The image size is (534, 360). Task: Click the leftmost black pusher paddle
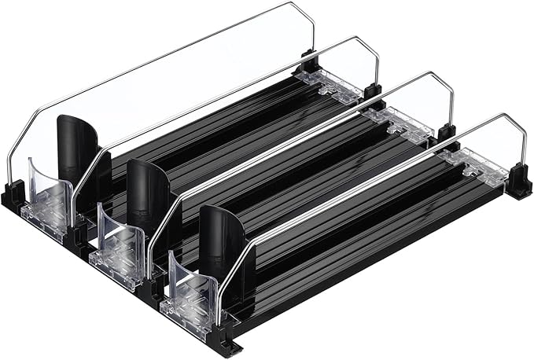[76, 149]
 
